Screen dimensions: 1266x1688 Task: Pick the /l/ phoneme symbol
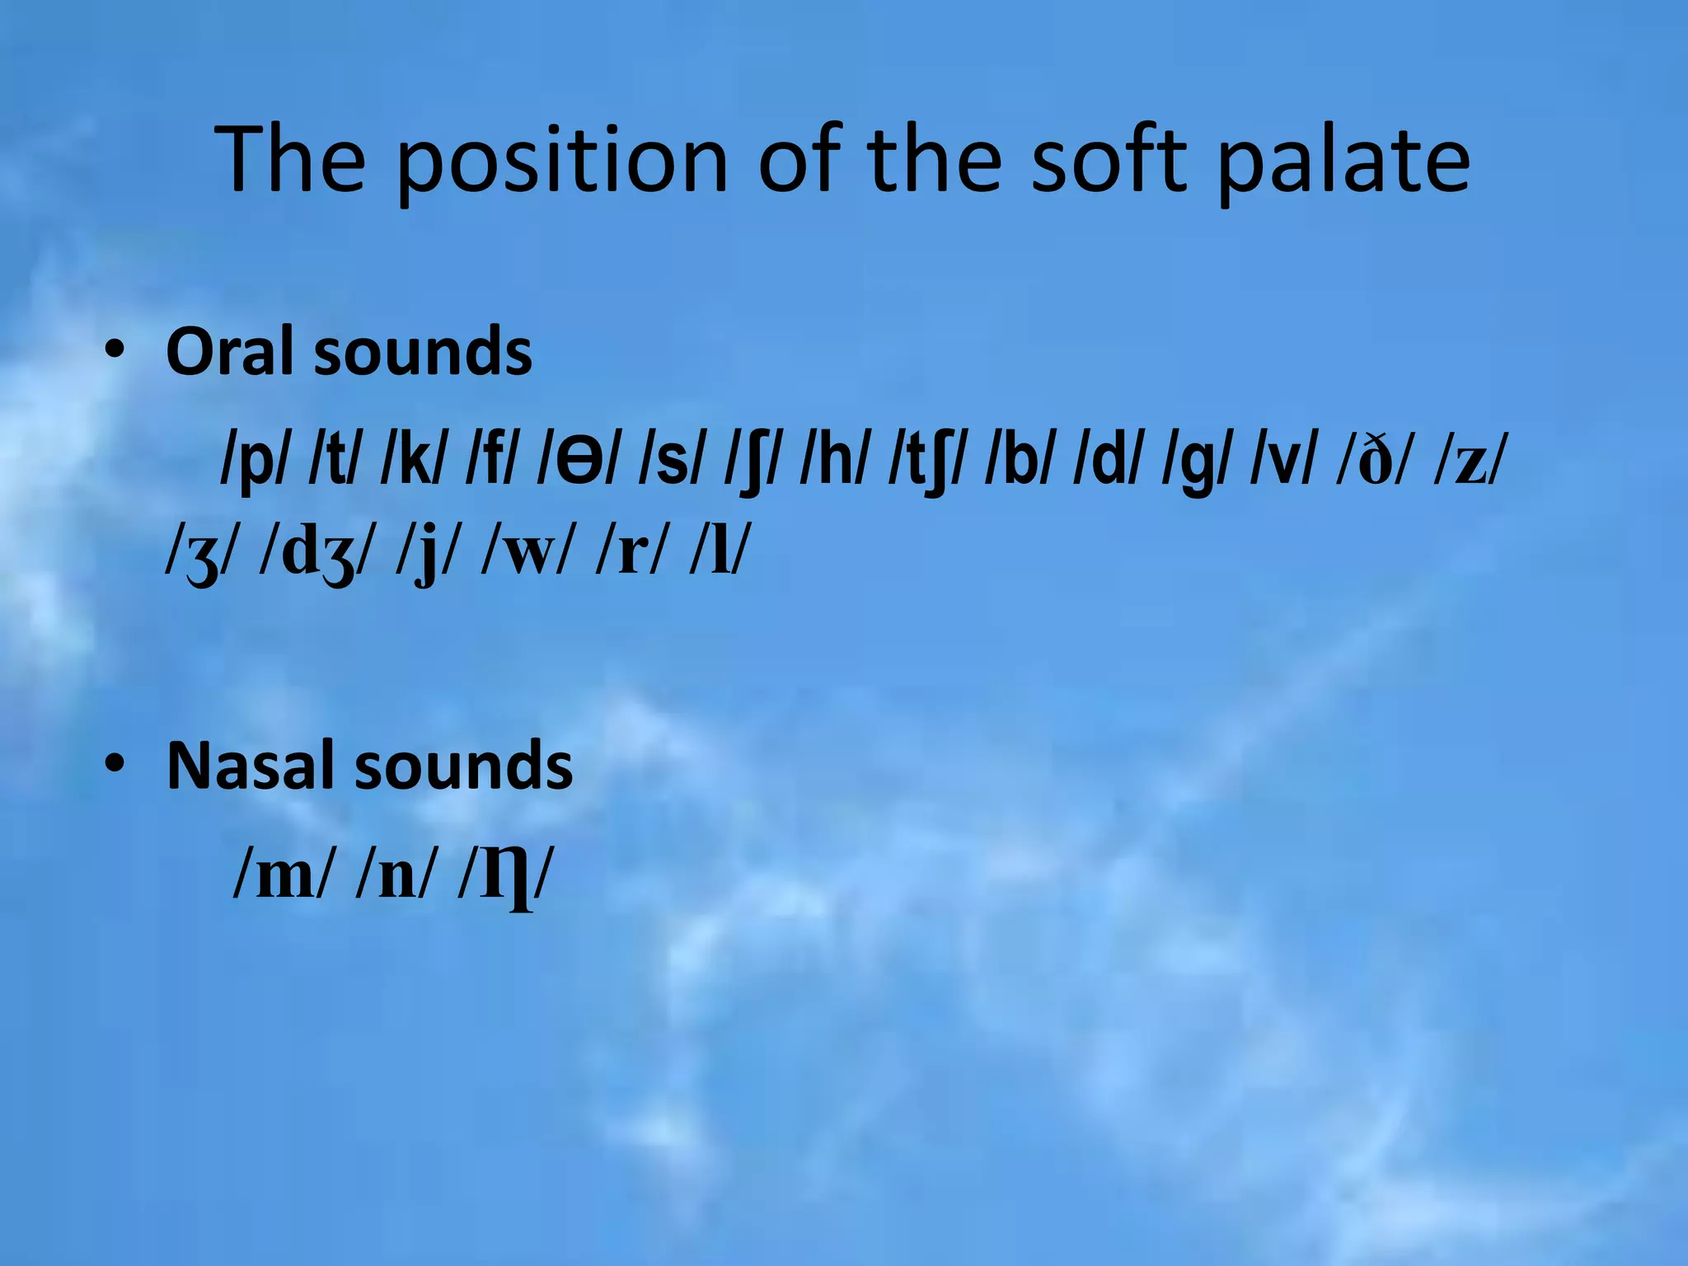point(720,554)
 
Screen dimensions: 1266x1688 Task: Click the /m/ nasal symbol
point(284,877)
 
